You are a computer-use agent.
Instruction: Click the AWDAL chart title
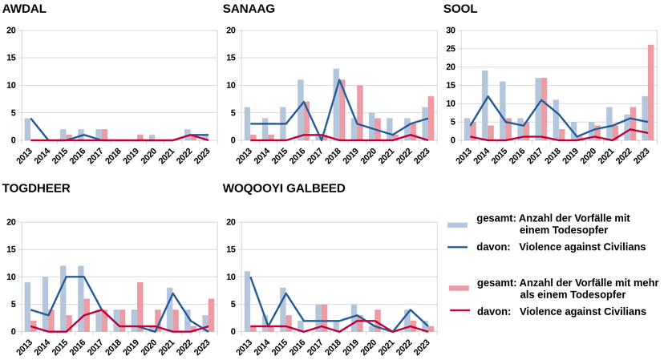tap(24, 9)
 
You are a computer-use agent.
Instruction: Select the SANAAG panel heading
tap(249, 9)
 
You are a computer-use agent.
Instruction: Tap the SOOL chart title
tap(460, 9)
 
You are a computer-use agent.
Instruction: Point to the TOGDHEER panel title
tap(36, 188)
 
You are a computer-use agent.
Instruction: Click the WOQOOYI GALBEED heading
tap(284, 188)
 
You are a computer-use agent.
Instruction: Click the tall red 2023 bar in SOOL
tap(650, 92)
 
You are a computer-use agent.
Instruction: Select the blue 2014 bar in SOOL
tap(484, 106)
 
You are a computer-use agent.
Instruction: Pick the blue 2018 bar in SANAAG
tap(336, 104)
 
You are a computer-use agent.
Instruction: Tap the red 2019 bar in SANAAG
tap(359, 113)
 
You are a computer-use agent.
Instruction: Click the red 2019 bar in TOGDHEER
tap(140, 306)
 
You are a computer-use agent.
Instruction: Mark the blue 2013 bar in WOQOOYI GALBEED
tap(247, 301)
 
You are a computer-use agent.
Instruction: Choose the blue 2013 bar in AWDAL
tap(27, 129)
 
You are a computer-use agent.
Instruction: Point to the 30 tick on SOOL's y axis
tap(451, 30)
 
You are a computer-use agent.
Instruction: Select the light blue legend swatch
tap(458, 224)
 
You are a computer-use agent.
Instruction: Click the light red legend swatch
tap(459, 289)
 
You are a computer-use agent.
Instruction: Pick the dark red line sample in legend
tap(459, 311)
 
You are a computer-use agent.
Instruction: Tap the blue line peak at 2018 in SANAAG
tap(339, 79)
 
